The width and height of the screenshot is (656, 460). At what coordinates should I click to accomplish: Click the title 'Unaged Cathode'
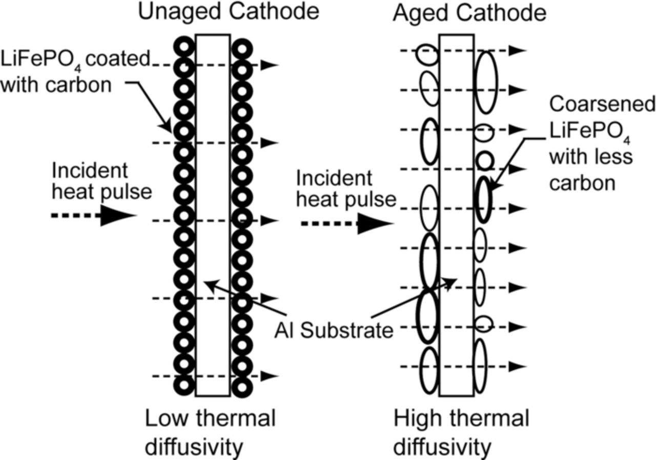(x=229, y=12)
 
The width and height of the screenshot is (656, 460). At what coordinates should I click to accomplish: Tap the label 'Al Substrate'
(x=333, y=330)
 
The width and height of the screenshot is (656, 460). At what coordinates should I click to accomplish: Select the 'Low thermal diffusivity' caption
(x=210, y=433)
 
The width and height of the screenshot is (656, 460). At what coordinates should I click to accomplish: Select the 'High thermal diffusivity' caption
(x=461, y=433)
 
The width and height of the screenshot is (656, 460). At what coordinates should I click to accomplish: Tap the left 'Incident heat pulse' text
(x=101, y=181)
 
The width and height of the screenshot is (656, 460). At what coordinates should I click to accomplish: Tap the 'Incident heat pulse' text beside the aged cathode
(x=346, y=189)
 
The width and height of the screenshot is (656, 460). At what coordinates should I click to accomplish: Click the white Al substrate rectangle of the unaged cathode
(x=212, y=215)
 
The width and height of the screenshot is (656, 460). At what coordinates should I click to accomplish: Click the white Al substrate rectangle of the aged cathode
(x=456, y=215)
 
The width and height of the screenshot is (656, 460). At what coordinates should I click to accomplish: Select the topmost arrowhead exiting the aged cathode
(x=519, y=50)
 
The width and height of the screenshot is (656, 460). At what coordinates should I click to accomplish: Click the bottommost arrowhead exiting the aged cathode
(x=519, y=366)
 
